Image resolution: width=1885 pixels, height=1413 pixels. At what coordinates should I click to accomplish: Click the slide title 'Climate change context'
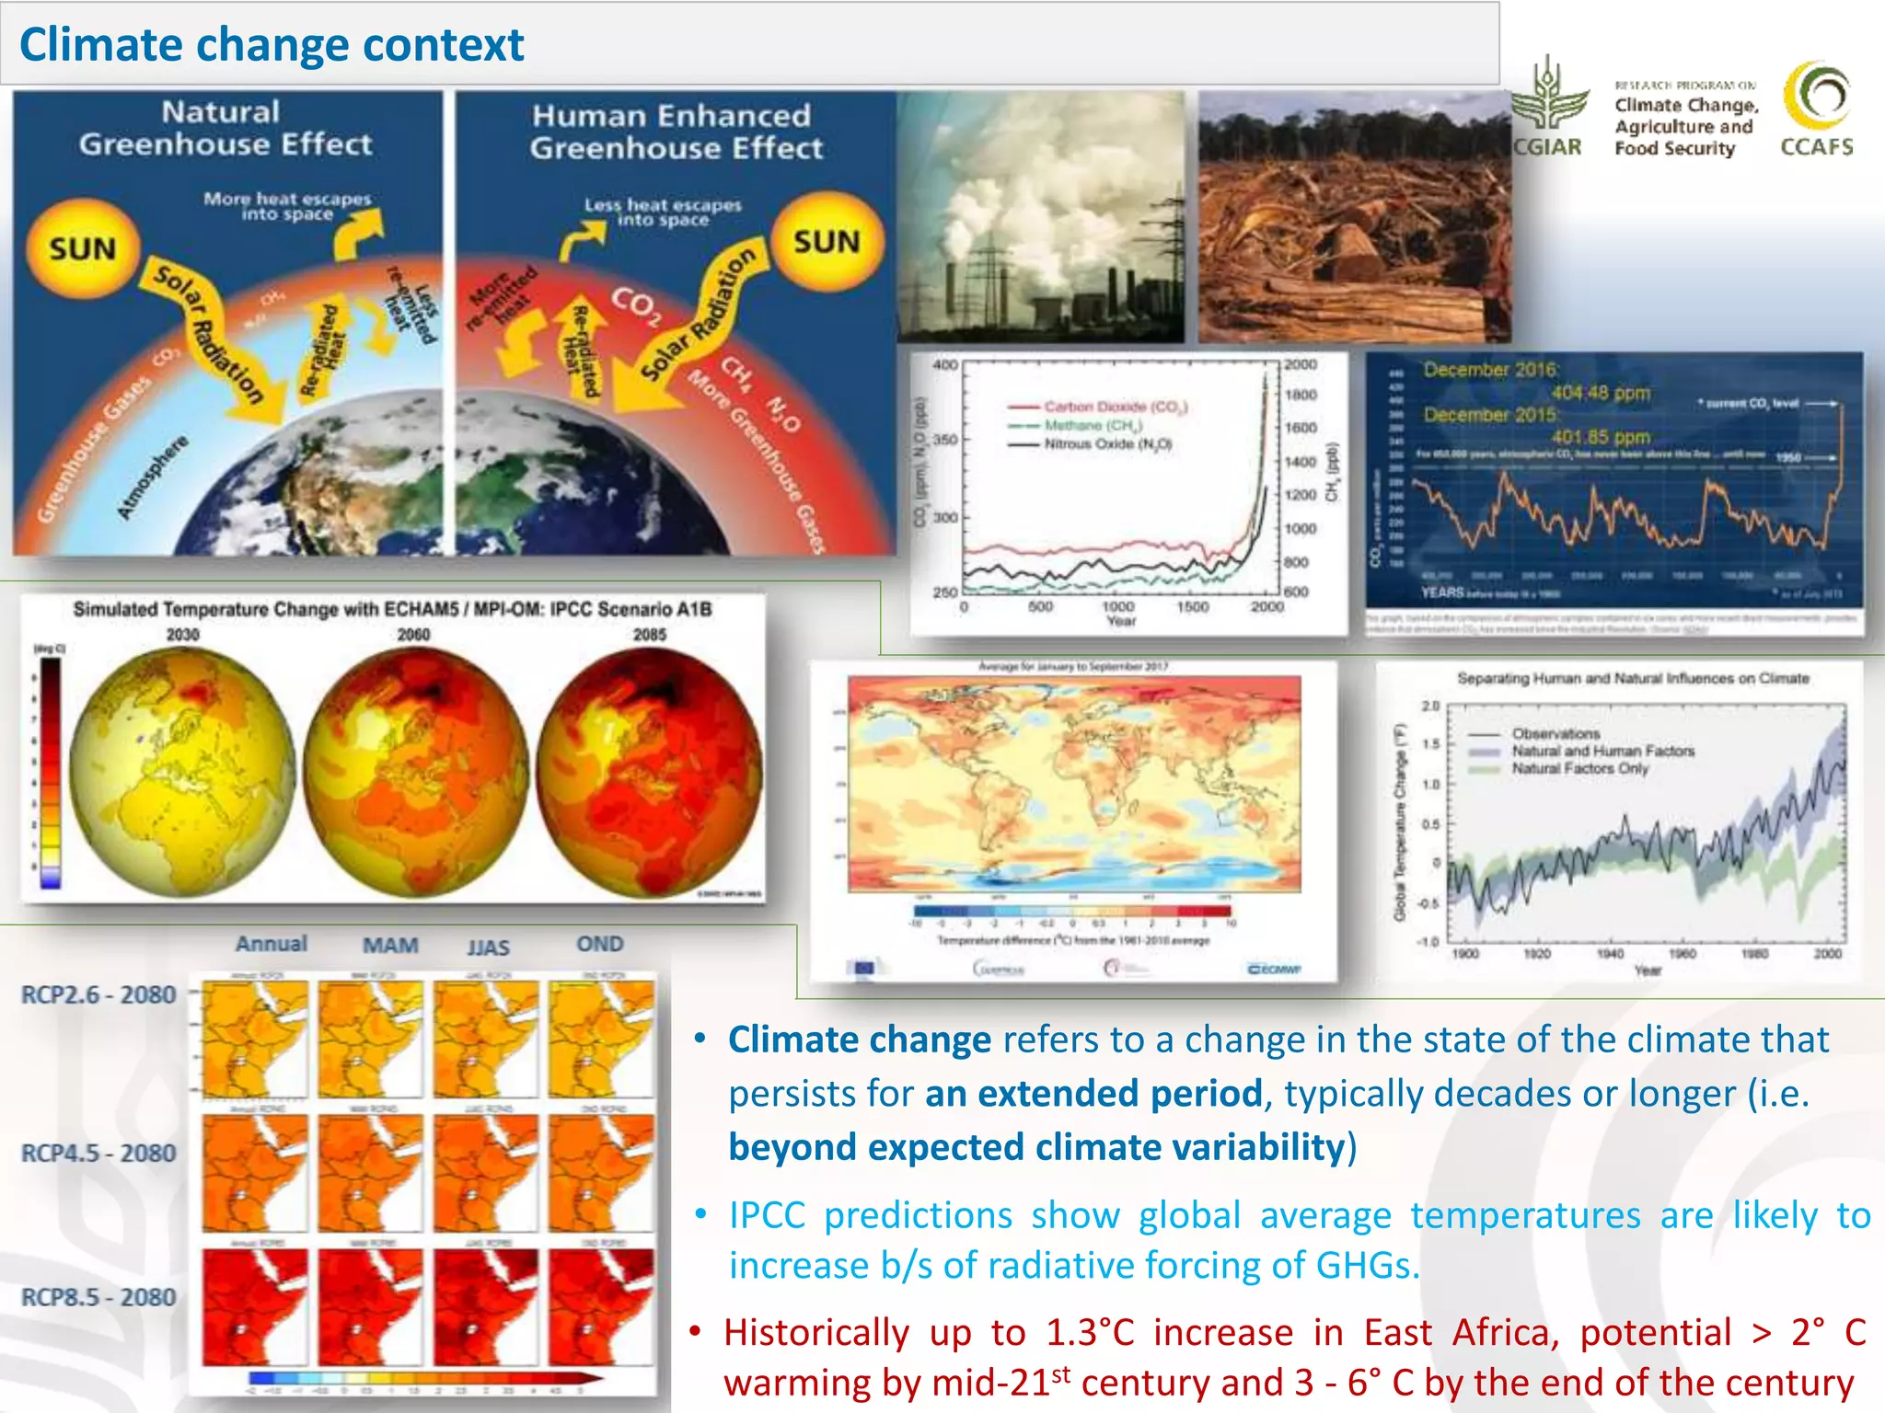point(272,44)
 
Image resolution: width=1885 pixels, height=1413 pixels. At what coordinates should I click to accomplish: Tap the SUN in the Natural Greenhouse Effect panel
point(83,248)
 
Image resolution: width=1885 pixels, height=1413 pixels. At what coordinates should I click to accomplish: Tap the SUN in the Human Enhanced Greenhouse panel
point(827,242)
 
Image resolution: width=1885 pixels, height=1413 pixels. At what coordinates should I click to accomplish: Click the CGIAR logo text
point(1548,147)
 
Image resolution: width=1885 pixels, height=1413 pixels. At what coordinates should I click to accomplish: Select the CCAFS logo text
point(1817,147)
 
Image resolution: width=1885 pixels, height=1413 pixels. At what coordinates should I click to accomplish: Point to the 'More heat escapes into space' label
point(287,206)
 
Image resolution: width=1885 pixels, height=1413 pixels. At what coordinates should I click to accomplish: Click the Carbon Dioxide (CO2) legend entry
point(1115,406)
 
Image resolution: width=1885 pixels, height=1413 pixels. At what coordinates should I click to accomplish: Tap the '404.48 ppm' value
point(1601,393)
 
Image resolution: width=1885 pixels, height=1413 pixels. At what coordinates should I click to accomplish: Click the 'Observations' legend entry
point(1555,733)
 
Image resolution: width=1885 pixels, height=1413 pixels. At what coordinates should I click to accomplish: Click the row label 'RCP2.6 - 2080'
point(98,994)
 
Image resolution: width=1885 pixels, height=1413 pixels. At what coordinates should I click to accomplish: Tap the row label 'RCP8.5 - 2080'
point(98,1297)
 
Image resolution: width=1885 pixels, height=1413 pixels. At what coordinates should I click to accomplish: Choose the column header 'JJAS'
point(488,947)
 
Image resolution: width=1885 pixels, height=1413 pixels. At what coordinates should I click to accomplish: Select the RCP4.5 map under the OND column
point(601,1173)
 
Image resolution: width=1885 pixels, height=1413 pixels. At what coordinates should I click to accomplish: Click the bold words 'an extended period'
point(1093,1093)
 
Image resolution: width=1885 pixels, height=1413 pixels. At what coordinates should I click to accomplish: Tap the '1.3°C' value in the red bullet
point(1090,1332)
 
